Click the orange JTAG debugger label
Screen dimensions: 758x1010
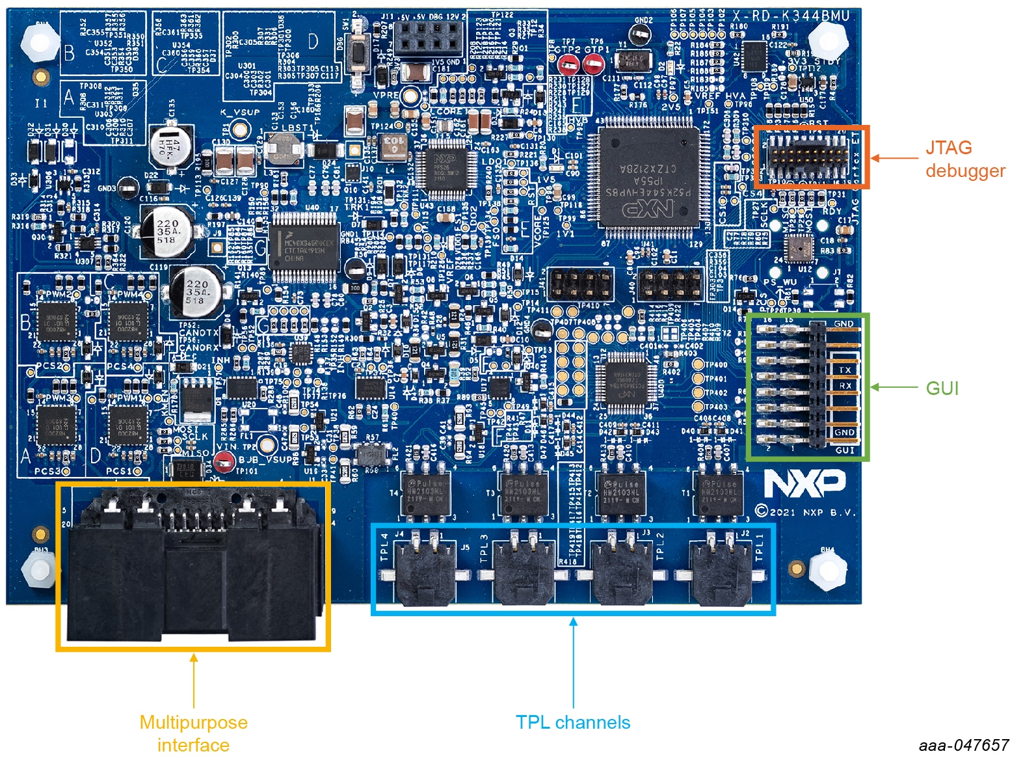965,159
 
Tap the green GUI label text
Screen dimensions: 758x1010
942,388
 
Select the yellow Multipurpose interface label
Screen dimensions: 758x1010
193,733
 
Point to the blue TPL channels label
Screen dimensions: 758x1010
572,722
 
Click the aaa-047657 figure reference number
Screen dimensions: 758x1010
963,746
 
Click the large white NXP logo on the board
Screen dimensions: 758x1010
804,483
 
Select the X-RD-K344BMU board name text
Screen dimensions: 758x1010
791,16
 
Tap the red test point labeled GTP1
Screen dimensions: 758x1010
592,64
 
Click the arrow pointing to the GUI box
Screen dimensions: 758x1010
894,388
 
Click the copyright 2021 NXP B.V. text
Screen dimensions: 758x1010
805,512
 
